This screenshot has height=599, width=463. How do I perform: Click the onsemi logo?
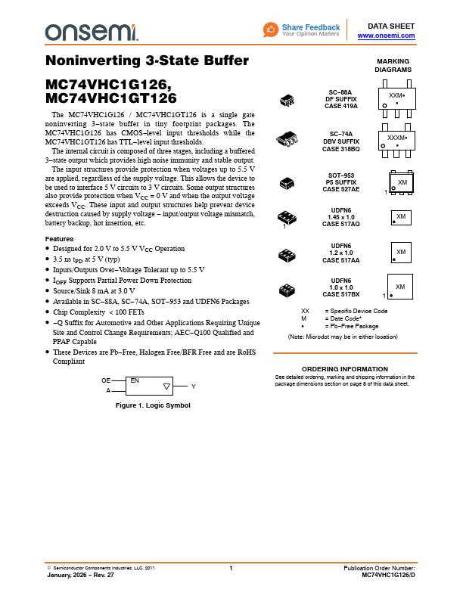91,31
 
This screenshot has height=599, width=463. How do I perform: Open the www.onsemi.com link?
386,36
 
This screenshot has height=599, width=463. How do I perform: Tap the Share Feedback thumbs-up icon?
272,29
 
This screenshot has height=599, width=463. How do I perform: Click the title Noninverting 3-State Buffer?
147,61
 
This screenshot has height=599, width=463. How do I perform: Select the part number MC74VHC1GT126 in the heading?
111,98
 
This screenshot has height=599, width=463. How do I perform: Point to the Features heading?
59,239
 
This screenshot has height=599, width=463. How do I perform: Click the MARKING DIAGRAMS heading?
393,65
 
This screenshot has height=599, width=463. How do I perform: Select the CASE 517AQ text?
341,225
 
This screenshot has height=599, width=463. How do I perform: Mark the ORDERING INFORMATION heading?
345,368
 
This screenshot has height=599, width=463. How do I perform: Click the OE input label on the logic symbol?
106,380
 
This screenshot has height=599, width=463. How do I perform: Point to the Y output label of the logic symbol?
194,386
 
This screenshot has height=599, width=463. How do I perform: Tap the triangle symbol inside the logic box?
166,386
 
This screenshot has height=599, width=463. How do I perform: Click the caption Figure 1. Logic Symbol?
152,405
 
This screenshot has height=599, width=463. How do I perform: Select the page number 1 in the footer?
231,568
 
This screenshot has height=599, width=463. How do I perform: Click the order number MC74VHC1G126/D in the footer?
388,575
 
